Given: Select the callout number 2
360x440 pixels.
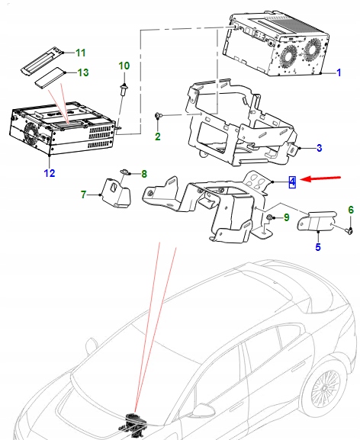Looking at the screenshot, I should pos(157,137).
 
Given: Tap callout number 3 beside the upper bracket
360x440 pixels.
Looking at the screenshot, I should pos(319,148).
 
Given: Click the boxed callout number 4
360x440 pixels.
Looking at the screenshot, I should pos(291,181).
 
